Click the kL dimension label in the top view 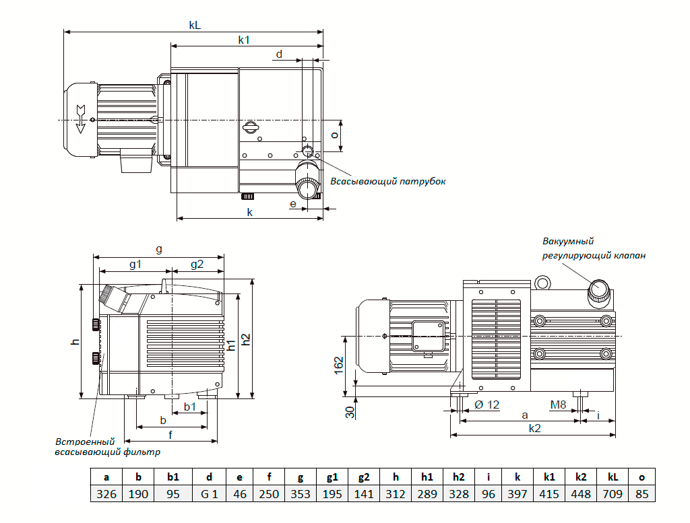195,25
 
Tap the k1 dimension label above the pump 244,40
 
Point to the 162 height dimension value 338,365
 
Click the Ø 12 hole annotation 487,405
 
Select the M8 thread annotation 558,405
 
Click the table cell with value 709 613,494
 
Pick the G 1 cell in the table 210,494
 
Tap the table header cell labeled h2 458,477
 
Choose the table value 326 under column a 106,494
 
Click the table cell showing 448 581,494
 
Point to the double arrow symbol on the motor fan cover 81,118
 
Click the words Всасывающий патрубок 387,181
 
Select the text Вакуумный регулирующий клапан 594,248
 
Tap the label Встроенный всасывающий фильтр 107,446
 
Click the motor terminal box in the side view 428,337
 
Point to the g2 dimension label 197,264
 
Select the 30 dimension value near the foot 350,412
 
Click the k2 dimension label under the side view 534,428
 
